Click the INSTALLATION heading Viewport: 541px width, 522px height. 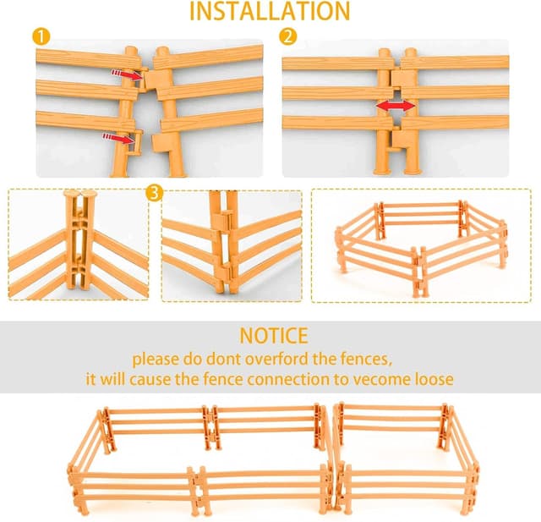pos(270,11)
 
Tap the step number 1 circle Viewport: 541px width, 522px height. pos(41,37)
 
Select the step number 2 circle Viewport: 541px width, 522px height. pos(287,36)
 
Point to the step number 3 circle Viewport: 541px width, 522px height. pos(154,193)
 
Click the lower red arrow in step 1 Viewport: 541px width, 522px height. pos(118,138)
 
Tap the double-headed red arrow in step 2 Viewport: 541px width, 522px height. pos(396,106)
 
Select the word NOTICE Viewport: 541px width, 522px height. pos(274,336)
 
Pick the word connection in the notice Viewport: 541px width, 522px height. pos(287,379)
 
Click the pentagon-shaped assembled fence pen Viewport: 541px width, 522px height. pos(421,246)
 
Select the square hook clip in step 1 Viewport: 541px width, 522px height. pos(135,143)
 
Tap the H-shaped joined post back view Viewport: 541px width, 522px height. pos(80,239)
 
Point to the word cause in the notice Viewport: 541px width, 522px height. pos(150,379)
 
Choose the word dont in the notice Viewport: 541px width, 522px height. pos(223,359)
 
